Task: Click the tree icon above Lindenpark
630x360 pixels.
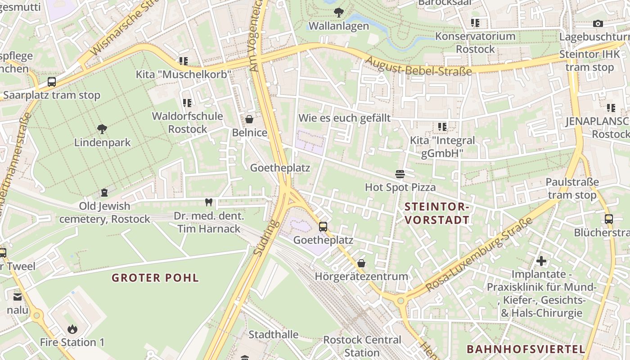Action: click(x=102, y=129)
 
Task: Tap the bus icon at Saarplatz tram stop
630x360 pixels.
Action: click(x=52, y=82)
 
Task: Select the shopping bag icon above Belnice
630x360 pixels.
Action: click(x=249, y=119)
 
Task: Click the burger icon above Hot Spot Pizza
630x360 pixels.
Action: click(x=400, y=174)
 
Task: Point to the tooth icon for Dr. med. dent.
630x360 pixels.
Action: click(x=208, y=202)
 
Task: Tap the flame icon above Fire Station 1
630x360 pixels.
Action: click(x=72, y=329)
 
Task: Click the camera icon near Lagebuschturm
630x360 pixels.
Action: click(x=598, y=23)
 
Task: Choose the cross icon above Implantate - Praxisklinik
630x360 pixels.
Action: click(x=541, y=261)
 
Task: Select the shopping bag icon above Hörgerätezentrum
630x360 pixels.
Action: click(x=361, y=263)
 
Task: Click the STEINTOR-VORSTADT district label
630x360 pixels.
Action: click(x=437, y=213)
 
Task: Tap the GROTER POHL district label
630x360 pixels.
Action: click(x=155, y=278)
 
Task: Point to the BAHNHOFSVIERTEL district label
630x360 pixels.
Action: click(x=526, y=349)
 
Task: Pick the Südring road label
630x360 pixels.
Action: click(x=264, y=237)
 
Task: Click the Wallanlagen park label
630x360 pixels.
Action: click(x=339, y=26)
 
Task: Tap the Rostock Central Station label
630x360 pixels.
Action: click(x=362, y=346)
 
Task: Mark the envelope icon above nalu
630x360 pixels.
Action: click(x=17, y=297)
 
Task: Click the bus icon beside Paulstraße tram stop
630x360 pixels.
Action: click(x=608, y=219)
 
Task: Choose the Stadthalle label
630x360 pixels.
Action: click(x=273, y=334)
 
